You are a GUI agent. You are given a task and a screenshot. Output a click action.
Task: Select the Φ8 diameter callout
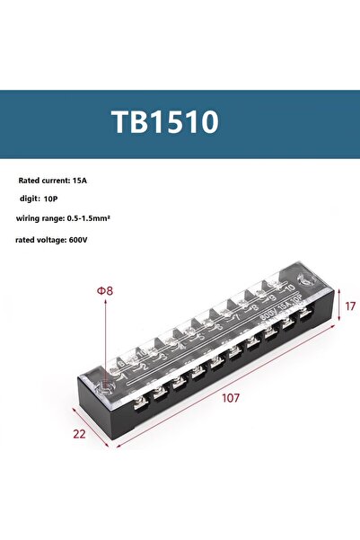[104, 291]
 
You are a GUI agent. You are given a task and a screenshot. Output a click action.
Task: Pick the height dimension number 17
[350, 306]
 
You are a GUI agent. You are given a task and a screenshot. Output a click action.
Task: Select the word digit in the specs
[29, 198]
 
